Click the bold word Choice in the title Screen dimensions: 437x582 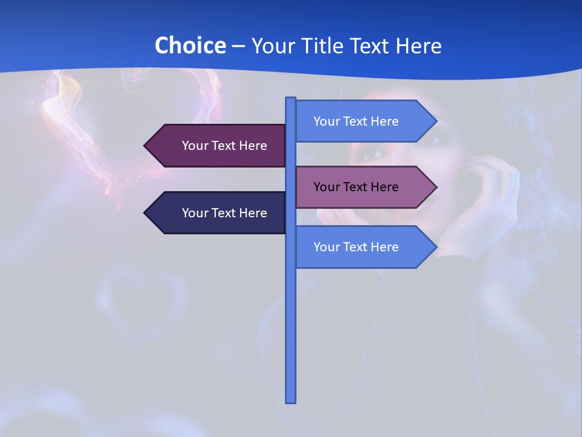point(190,46)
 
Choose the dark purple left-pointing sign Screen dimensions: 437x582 point(218,146)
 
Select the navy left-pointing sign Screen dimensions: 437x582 point(218,213)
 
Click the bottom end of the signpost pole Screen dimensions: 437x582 point(291,401)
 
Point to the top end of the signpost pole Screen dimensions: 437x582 point(291,100)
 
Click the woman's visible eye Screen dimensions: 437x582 point(371,154)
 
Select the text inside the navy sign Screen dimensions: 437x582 point(224,213)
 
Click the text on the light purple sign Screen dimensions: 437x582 point(356,187)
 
